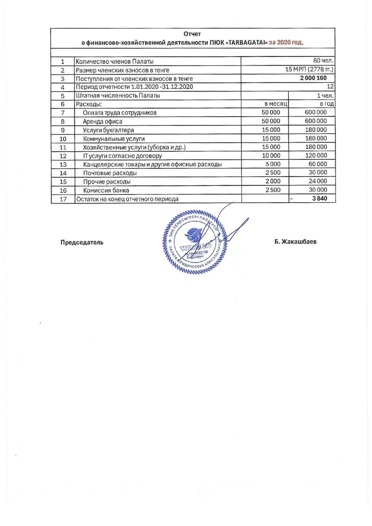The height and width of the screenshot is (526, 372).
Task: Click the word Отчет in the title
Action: click(192, 34)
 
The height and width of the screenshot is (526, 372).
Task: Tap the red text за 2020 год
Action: click(286, 42)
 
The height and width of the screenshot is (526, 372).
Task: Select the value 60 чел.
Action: click(323, 61)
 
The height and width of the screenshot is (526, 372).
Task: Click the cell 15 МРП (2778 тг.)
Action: click(309, 70)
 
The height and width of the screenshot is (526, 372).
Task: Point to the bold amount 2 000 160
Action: click(313, 78)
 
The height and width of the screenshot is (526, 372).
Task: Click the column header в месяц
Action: click(276, 104)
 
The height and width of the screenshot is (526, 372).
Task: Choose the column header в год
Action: click(327, 104)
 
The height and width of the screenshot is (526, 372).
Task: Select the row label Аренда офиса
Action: click(103, 121)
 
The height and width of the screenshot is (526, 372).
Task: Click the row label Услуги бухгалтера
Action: click(108, 130)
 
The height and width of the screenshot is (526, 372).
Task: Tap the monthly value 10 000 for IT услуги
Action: click(271, 156)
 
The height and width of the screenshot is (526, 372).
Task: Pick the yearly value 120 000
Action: click(316, 156)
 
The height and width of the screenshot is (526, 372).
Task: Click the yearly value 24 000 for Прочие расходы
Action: click(318, 181)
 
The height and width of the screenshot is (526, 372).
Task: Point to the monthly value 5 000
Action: click(273, 164)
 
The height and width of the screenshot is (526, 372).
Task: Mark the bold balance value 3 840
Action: click(320, 199)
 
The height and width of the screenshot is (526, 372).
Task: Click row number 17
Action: click(63, 199)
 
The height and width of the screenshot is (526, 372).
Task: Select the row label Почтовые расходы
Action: click(110, 173)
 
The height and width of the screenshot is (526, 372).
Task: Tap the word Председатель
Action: click(82, 242)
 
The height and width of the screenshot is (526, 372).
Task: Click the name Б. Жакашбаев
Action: click(295, 242)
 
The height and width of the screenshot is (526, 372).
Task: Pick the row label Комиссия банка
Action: click(106, 190)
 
